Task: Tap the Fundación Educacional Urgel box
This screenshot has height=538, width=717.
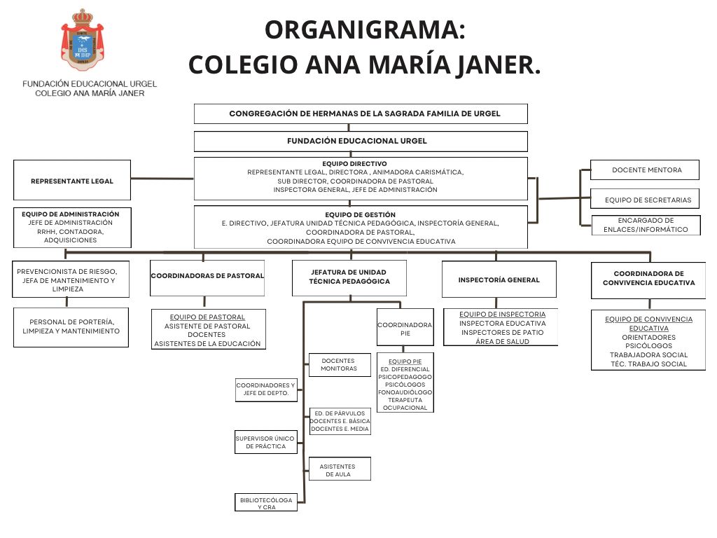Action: tap(360, 142)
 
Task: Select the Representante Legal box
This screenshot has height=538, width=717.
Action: tap(72, 181)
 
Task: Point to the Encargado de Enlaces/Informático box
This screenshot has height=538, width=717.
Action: tap(645, 225)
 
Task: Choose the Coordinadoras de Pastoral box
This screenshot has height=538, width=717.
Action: tap(208, 276)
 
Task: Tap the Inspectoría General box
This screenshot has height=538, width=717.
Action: tap(499, 280)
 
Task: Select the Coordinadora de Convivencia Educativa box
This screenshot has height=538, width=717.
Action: tap(648, 279)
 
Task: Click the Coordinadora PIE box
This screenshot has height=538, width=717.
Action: tap(405, 328)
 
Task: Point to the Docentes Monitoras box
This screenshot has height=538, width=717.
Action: tap(340, 365)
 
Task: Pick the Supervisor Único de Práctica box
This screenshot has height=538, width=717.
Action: tap(265, 442)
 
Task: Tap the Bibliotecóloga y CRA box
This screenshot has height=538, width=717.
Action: tap(266, 503)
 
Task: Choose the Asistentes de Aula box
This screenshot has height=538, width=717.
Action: tap(340, 470)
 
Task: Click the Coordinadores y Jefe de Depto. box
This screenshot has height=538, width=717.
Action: tap(265, 389)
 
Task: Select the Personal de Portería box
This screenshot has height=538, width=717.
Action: tap(71, 326)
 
